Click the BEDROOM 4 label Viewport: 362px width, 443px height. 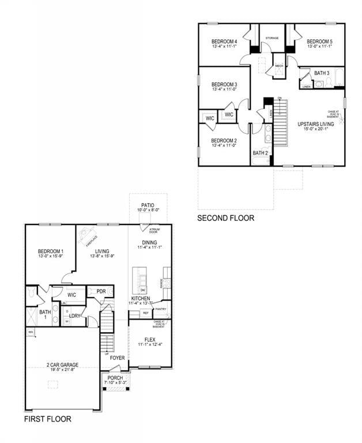(224, 42)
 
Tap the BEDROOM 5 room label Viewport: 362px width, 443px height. (320, 42)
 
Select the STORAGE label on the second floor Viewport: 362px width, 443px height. (272, 38)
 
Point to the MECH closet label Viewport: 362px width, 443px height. (279, 66)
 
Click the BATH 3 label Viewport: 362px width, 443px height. (322, 73)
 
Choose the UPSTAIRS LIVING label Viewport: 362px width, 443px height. (315, 124)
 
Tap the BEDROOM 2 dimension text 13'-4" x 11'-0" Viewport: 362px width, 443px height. (224, 147)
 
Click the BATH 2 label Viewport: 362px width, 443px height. (260, 153)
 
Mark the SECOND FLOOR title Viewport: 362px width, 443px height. (225, 218)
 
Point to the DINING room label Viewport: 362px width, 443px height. (149, 242)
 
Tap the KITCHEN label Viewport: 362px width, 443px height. (141, 298)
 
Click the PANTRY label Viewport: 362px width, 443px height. (161, 309)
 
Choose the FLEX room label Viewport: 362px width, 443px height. (150, 339)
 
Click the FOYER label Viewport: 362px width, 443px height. (118, 358)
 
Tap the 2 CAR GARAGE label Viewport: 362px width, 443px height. (63, 365)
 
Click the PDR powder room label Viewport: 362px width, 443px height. (101, 291)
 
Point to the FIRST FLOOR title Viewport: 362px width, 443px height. (48, 419)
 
